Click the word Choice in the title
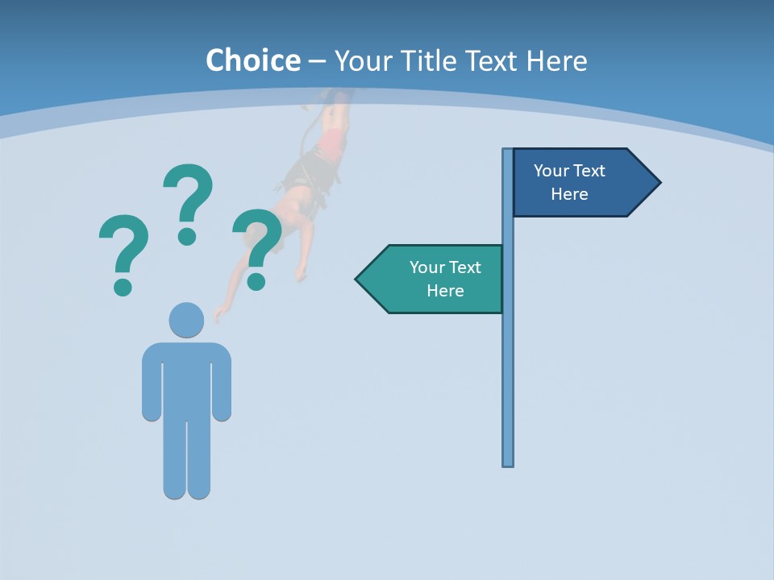[252, 60]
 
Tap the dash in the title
[317, 61]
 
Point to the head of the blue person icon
[186, 320]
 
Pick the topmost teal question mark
[188, 193]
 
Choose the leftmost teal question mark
[123, 246]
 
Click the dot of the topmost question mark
[187, 236]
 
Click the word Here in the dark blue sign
[569, 194]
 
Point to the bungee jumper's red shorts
[331, 145]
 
